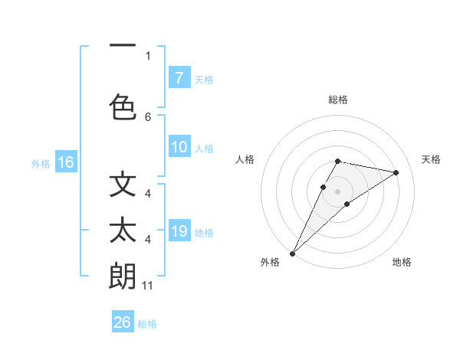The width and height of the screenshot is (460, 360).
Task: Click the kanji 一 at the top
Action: pos(123,46)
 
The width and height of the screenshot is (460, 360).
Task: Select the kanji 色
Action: pos(123,105)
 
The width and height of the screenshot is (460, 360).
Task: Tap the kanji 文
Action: pos(123,185)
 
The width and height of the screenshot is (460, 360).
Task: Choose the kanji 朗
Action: pos(123,276)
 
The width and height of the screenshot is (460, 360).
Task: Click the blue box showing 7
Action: pos(179,78)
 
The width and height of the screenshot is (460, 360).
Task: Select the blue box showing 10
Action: pos(179,147)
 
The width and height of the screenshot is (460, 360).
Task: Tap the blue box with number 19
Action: pos(179,231)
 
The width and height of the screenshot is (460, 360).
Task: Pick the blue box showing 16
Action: pos(65,162)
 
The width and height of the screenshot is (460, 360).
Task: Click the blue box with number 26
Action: pos(122,322)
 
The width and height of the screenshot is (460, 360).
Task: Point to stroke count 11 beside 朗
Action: pos(148,286)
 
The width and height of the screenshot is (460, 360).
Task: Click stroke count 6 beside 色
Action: pos(148,116)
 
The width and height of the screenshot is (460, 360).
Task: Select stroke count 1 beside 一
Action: pos(148,55)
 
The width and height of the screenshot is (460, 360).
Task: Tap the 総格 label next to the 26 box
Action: pos(147,324)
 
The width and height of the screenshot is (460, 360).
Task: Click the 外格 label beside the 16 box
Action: pos(41,163)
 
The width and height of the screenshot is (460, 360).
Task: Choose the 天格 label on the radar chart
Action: pos(431,159)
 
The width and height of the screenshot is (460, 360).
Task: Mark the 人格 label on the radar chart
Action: pos(245,159)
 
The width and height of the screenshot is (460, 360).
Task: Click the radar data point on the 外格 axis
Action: pos(292,253)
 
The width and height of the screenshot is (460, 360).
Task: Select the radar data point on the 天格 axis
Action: pos(396,172)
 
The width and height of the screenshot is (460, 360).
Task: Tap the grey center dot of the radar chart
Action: pos(338,191)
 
